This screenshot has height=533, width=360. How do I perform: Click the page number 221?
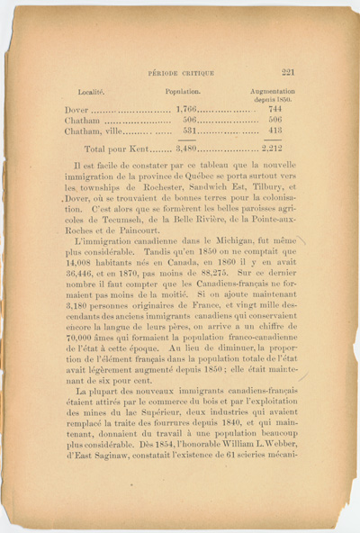coord(289,75)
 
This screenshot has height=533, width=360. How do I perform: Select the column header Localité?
coord(92,92)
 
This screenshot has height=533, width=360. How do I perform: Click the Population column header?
coord(183,92)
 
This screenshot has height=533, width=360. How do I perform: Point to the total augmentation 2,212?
coord(273,149)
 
